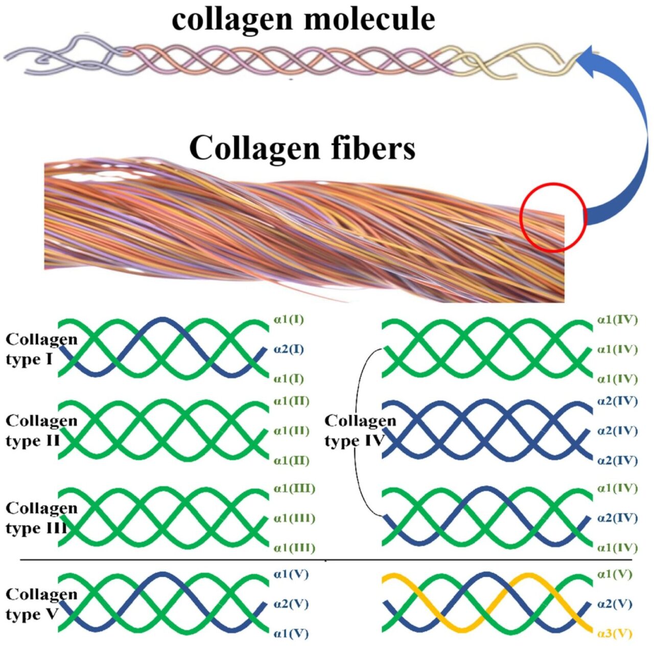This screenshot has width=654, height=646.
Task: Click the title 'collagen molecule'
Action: [x=303, y=19]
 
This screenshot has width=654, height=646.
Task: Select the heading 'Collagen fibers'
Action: [x=302, y=148]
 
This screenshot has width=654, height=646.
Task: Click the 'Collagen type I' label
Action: [x=41, y=349]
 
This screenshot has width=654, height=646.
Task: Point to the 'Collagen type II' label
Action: [x=41, y=430]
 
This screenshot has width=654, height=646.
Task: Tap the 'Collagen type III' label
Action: [x=41, y=518]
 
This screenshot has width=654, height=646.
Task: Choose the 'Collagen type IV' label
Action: [x=360, y=430]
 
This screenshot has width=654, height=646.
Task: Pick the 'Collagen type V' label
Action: [x=41, y=604]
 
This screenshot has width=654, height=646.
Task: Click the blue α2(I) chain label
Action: [x=289, y=350]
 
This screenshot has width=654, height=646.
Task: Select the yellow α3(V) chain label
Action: [x=615, y=634]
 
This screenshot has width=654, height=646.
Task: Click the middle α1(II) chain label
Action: [x=291, y=431]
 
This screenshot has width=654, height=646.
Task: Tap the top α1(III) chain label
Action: [x=294, y=489]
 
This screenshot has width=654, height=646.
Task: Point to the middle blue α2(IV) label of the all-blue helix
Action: [x=617, y=431]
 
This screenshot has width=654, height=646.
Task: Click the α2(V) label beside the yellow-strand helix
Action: [x=615, y=604]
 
